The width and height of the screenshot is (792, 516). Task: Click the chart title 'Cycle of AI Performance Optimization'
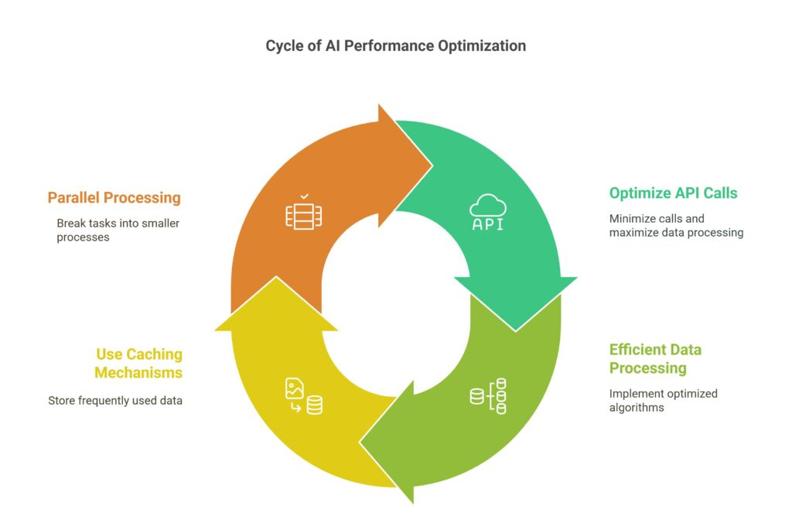click(395, 46)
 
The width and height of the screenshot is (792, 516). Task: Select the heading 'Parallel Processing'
click(114, 197)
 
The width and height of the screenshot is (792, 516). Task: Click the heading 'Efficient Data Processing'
click(655, 358)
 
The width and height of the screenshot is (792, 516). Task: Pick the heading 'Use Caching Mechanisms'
click(138, 363)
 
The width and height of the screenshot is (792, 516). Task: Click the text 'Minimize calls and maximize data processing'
click(676, 225)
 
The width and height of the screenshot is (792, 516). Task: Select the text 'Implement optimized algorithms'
click(652, 400)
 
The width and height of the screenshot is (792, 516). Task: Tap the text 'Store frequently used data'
click(115, 401)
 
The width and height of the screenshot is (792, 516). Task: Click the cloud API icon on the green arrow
click(489, 213)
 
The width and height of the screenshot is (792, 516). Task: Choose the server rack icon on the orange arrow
click(303, 214)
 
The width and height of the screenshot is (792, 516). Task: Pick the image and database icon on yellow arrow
click(303, 396)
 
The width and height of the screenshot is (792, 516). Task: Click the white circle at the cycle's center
click(395, 304)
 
